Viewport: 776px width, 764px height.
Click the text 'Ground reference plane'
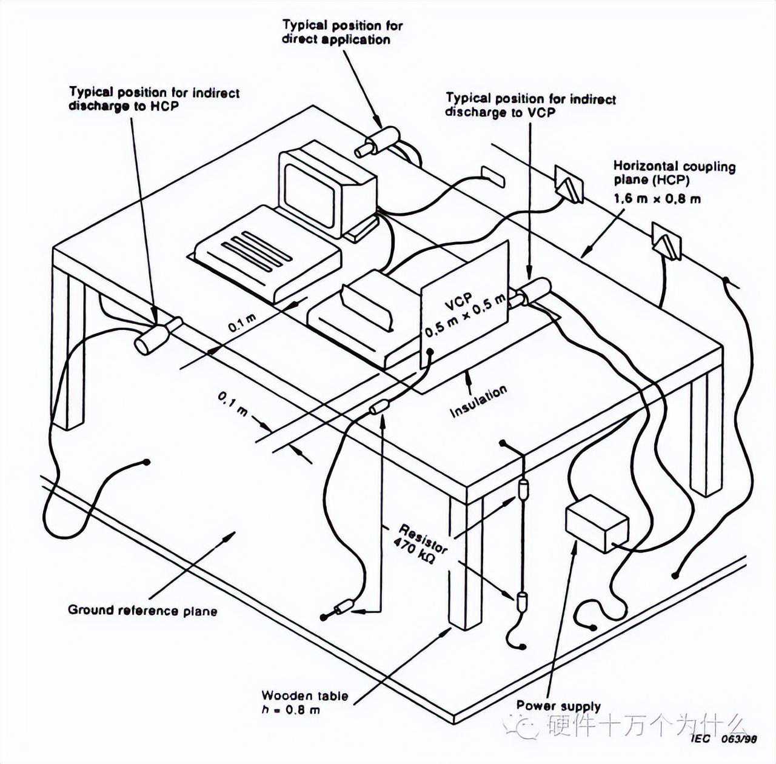tap(142, 610)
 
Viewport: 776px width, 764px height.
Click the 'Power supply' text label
tap(558, 705)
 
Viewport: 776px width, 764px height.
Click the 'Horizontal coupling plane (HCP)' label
tap(674, 173)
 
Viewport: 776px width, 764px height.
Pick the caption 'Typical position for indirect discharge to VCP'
tap(530, 105)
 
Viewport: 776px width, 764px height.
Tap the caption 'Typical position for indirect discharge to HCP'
tap(154, 99)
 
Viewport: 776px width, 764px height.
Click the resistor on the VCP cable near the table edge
tap(379, 407)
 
